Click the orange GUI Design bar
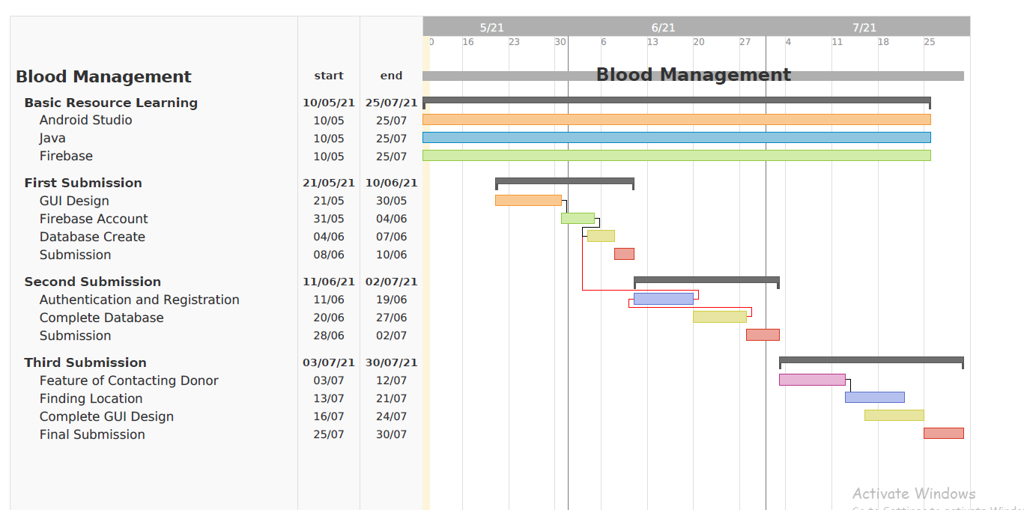(528, 201)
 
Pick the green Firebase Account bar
(578, 219)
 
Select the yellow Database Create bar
(601, 237)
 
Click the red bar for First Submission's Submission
(624, 255)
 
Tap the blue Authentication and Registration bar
(663, 300)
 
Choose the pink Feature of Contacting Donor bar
(812, 380)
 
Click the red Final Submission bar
(943, 434)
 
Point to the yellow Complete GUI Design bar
(894, 416)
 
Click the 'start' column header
(329, 76)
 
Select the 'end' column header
(391, 76)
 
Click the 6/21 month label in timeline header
(663, 28)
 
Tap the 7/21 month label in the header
(864, 28)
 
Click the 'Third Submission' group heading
(85, 362)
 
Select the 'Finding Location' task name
(91, 398)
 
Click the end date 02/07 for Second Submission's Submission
(391, 336)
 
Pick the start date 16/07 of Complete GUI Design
(329, 416)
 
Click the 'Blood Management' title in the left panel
(103, 76)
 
